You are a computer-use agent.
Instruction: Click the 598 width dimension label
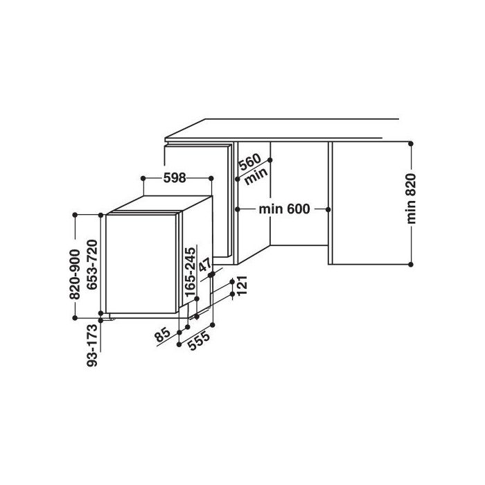point(175,178)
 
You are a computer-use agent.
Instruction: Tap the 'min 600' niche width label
point(284,209)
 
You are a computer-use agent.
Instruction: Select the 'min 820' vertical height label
point(411,199)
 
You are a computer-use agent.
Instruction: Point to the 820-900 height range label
point(75,274)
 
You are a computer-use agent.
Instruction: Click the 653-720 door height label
point(92,265)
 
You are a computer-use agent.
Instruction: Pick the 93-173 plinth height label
point(92,346)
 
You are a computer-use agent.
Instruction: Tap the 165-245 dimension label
point(191,272)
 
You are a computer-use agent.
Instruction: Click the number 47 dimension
point(205,265)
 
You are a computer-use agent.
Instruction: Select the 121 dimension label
point(242,285)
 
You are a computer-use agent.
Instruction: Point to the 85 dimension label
point(163,335)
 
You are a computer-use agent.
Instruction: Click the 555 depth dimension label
point(200,340)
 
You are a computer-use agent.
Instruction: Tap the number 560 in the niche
point(250,161)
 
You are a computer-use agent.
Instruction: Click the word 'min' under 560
point(256,177)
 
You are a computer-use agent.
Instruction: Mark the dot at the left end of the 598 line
point(143,178)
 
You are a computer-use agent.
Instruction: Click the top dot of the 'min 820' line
point(411,144)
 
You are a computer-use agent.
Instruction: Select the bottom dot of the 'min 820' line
point(411,264)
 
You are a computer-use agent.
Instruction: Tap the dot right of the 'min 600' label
point(328,209)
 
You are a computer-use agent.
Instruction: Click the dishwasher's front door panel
point(141,263)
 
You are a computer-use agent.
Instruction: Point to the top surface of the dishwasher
point(161,204)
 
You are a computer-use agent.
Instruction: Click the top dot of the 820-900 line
point(75,215)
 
